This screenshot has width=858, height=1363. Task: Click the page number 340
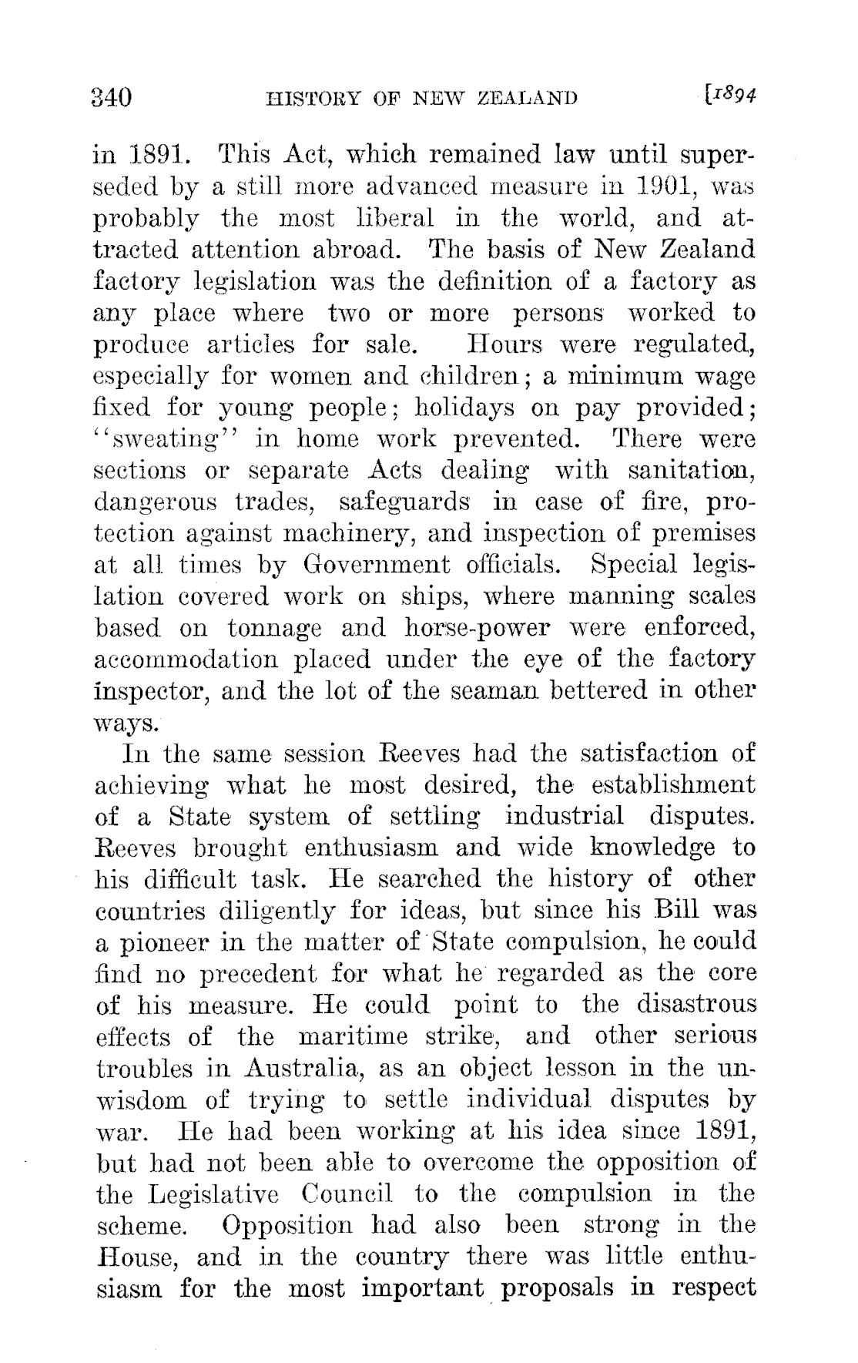(x=113, y=98)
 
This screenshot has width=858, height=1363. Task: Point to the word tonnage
(x=275, y=628)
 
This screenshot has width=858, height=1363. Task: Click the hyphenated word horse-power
(x=477, y=628)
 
